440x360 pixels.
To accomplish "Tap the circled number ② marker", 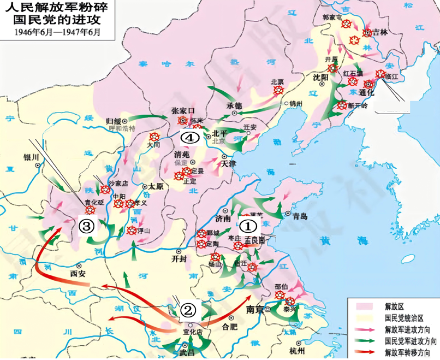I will [188, 310].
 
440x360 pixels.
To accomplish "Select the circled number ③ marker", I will [87, 225].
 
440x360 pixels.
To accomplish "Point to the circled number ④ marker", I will [189, 138].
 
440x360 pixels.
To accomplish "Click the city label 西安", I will [79, 273].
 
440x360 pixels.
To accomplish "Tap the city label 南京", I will [255, 310].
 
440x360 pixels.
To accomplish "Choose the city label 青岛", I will [300, 216].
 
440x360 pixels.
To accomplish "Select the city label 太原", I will [156, 186].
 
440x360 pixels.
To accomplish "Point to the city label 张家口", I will [183, 109].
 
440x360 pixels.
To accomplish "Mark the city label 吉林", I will [379, 33].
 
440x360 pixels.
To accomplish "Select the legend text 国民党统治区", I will [406, 317].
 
